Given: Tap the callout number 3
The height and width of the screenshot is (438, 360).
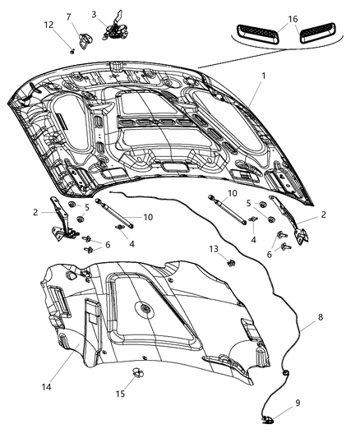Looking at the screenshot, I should coord(94,13).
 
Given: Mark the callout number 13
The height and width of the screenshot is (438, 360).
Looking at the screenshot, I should coord(213,248).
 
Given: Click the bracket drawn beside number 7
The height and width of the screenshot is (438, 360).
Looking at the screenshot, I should coord(85,38).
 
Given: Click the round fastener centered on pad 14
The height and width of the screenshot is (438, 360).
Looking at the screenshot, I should coord(144,310).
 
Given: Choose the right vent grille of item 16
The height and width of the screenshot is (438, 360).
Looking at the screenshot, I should coord(316,33).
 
